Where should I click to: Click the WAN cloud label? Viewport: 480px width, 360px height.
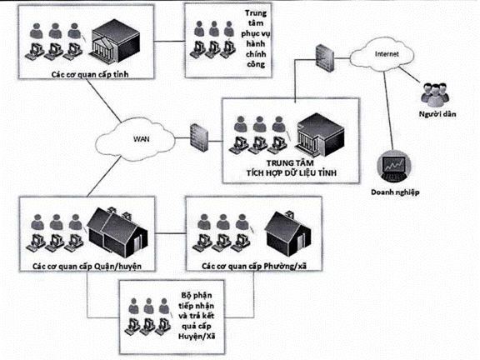142,139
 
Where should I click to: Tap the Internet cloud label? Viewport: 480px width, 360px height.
387,54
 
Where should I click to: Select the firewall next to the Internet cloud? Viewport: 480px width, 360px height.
325,58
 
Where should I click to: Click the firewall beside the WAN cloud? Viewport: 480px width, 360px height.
199,137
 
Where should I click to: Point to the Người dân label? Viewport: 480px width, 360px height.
437,114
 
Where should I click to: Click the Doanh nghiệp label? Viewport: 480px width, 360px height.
395,192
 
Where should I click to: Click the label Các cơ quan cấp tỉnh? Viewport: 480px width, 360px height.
90,74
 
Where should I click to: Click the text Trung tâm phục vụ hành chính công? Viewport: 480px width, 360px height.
256,38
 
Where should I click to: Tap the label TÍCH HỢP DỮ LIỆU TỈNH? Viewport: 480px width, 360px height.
292,173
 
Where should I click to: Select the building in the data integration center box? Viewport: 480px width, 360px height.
320,135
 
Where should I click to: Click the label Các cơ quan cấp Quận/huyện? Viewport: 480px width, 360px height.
87,266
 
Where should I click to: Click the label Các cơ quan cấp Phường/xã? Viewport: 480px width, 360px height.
254,266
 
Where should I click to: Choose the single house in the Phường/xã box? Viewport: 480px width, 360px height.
288,233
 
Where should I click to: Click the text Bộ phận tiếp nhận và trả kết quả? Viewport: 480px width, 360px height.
196,310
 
